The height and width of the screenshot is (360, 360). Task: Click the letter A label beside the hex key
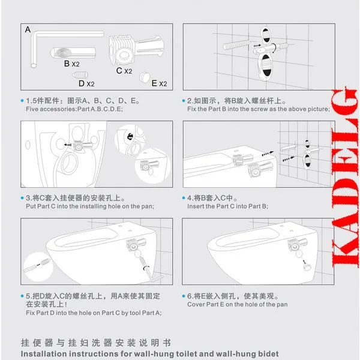point(28,29)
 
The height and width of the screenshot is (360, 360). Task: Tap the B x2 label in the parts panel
point(72,64)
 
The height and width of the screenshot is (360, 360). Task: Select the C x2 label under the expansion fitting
point(124,71)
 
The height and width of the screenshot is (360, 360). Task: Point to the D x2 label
point(86,83)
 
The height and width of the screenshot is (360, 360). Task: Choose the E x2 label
point(160,83)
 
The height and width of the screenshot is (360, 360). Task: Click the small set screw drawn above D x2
point(80,75)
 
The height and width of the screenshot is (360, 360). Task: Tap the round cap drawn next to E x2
point(145,77)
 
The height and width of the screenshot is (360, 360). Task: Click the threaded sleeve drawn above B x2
point(73,53)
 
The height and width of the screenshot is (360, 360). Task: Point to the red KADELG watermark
point(345,177)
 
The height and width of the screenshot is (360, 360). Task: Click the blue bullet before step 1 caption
point(22,101)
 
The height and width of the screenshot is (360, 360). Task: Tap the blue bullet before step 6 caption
point(184,296)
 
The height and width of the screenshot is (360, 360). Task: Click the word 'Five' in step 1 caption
point(32,109)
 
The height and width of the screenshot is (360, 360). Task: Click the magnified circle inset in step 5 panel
point(38,266)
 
